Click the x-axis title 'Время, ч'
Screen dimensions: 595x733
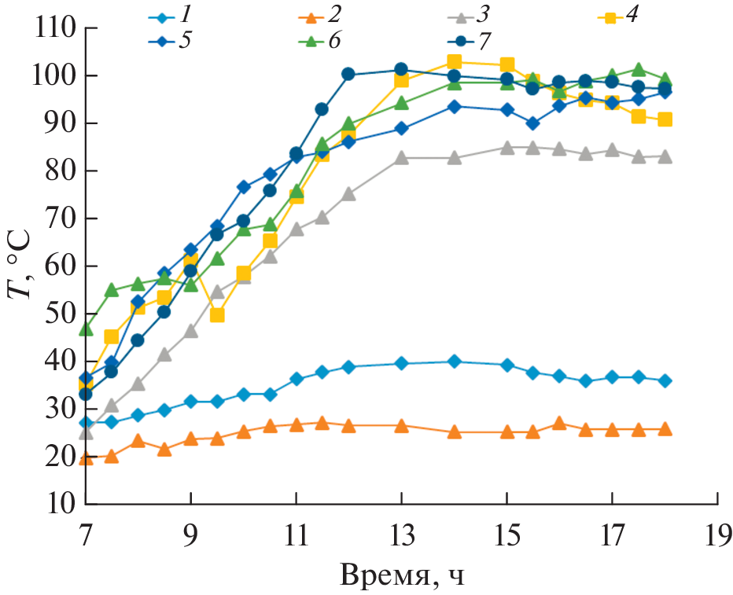[402, 576]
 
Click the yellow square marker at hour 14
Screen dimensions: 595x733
[454, 62]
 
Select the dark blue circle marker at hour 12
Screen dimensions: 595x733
[348, 75]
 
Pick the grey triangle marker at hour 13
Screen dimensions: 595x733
[401, 158]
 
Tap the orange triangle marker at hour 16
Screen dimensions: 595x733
[559, 424]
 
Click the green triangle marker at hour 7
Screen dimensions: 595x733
[86, 329]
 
